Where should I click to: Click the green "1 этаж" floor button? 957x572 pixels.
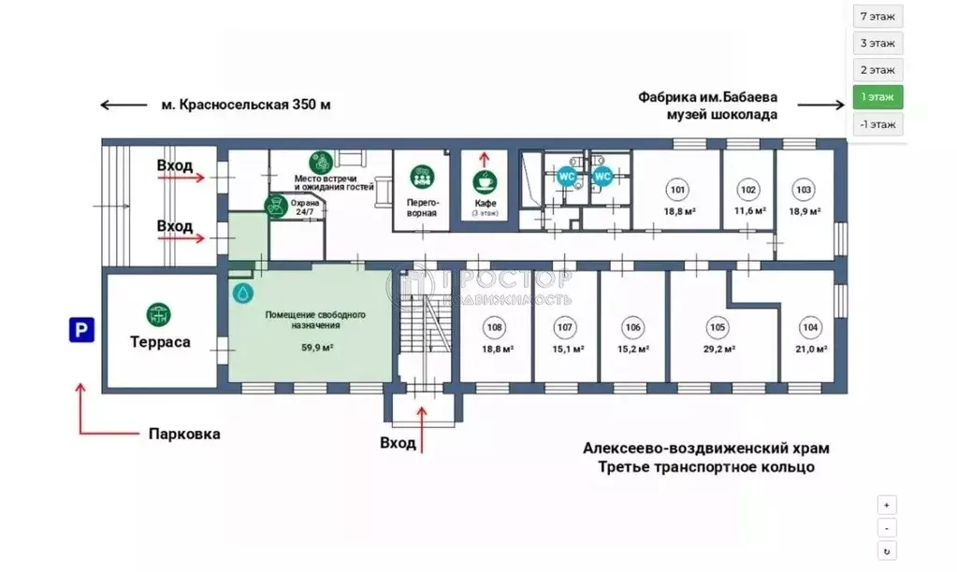click(877, 96)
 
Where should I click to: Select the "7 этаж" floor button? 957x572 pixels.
click(877, 16)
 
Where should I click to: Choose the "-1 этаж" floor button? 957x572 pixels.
click(877, 123)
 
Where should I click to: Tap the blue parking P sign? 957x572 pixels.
click(80, 329)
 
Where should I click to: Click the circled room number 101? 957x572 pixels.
click(678, 191)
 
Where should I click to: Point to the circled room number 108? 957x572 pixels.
click(494, 327)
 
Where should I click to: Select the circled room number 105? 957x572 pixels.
click(718, 327)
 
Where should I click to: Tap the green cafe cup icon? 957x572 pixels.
click(485, 180)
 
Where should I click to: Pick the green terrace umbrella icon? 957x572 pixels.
click(159, 313)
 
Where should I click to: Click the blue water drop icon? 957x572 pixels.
click(242, 293)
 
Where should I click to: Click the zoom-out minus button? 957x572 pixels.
click(887, 527)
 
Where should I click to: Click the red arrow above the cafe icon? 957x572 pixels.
click(484, 158)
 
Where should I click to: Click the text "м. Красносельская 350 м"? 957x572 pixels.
click(245, 105)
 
